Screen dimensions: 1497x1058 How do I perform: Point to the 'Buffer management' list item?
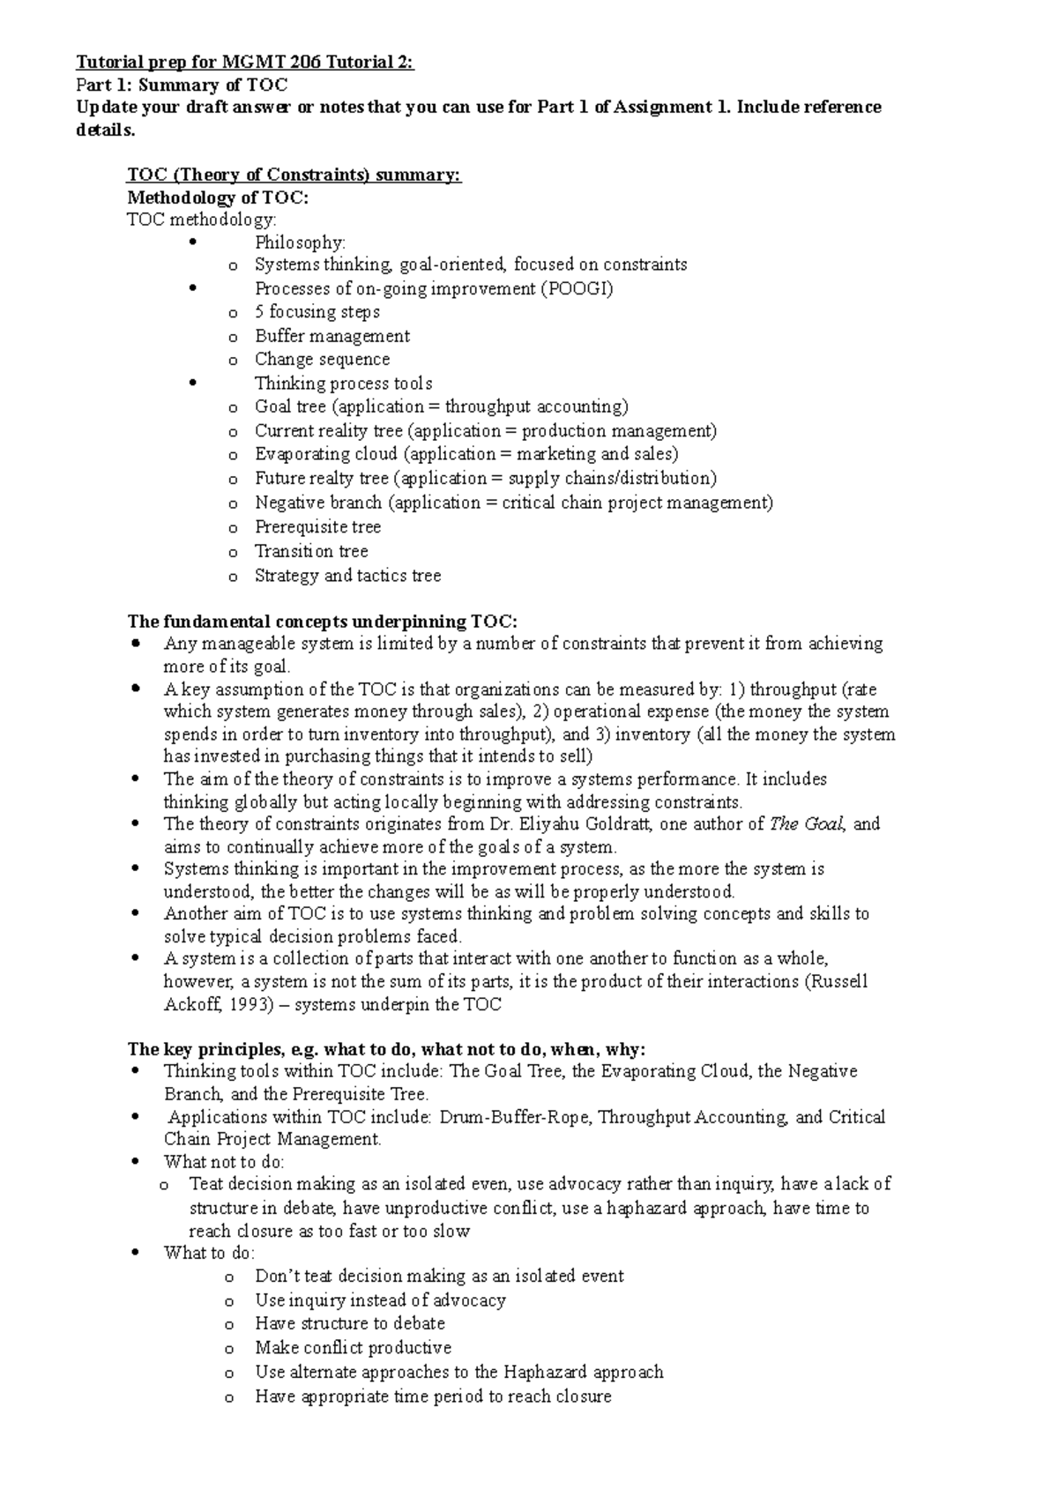(x=332, y=336)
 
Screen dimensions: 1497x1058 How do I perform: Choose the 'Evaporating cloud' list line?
(x=466, y=454)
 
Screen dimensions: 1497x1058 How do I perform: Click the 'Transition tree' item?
(x=311, y=551)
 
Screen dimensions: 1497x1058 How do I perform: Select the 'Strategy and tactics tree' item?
(x=347, y=576)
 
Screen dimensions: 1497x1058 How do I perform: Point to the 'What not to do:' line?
(x=224, y=1162)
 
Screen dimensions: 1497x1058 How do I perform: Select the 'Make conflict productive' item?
(x=353, y=1348)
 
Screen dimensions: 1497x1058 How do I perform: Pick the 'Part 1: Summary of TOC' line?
(x=182, y=86)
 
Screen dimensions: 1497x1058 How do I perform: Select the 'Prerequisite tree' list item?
(x=317, y=527)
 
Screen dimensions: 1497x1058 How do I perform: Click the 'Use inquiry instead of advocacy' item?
(x=380, y=1300)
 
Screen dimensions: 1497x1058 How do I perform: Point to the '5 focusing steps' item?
(x=317, y=312)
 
